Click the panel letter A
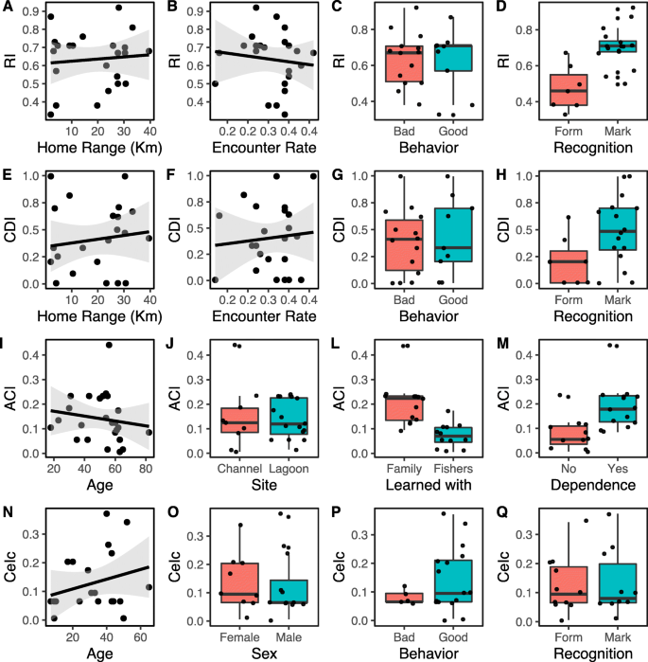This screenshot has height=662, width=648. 7,9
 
